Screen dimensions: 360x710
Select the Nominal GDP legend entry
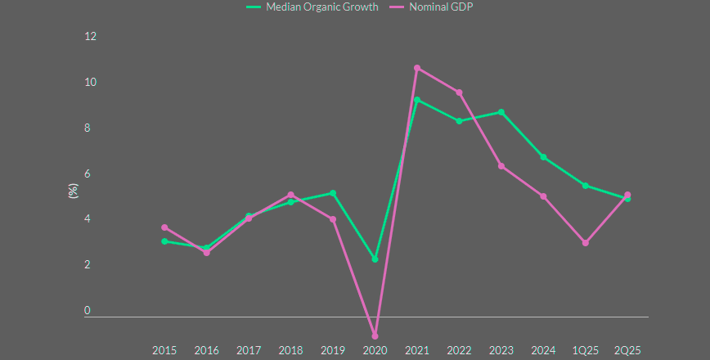pos(443,7)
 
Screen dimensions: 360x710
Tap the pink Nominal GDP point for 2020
pos(375,335)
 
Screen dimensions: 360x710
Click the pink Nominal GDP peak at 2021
pos(417,68)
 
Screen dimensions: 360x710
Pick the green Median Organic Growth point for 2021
pos(417,100)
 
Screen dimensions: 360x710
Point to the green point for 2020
pos(375,259)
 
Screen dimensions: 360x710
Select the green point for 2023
pos(501,112)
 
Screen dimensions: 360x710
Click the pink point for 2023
pos(501,166)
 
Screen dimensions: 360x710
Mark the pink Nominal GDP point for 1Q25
pos(586,243)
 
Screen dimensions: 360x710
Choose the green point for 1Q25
pos(586,186)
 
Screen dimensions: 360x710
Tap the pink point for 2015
pos(164,227)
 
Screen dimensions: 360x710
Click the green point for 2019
pos(333,193)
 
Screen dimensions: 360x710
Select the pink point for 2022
pos(460,92)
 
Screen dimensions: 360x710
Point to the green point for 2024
pos(544,157)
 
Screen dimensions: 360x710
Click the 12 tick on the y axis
pos(90,37)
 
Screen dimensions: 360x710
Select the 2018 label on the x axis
pos(290,350)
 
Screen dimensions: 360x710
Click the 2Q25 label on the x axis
pos(627,350)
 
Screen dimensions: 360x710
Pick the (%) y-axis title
pos(73,191)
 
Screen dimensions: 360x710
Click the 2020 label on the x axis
pos(375,350)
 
